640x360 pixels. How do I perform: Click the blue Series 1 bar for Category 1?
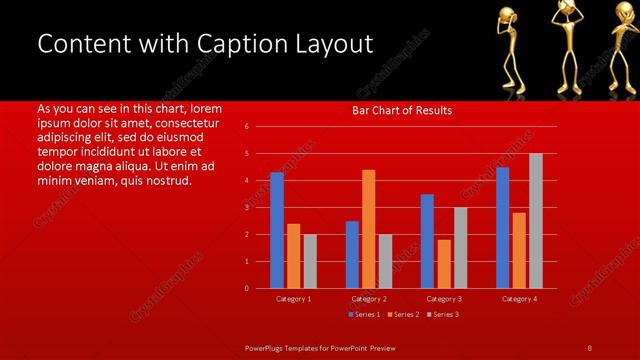click(x=277, y=230)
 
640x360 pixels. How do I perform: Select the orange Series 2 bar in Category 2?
click(x=368, y=229)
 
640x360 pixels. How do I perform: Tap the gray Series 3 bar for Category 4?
click(x=535, y=221)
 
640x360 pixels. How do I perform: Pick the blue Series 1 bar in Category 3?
click(x=427, y=241)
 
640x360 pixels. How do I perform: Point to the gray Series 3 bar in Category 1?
click(x=309, y=261)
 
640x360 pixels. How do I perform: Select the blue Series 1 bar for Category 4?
click(x=502, y=227)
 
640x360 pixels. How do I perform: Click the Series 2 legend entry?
click(x=402, y=314)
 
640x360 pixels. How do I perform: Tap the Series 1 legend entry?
click(x=362, y=314)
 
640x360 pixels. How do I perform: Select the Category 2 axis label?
click(x=368, y=299)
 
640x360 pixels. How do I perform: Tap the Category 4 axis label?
click(x=518, y=299)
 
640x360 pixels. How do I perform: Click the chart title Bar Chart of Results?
click(x=402, y=110)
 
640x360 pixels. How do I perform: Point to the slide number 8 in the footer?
click(x=589, y=347)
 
